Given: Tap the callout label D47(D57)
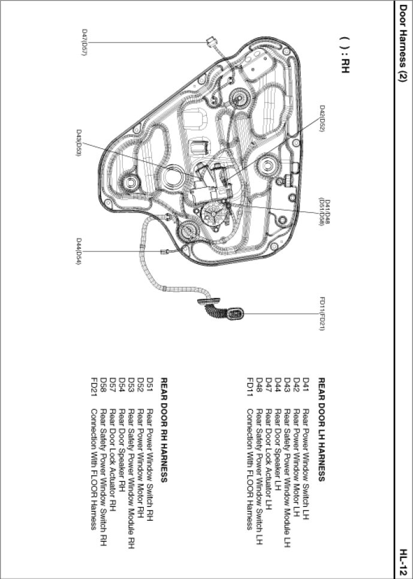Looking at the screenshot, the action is pyautogui.click(x=84, y=41).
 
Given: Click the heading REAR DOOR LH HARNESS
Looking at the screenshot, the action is pyautogui.click(x=321, y=430).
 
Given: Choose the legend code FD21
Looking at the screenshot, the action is pyautogui.click(x=94, y=386).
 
